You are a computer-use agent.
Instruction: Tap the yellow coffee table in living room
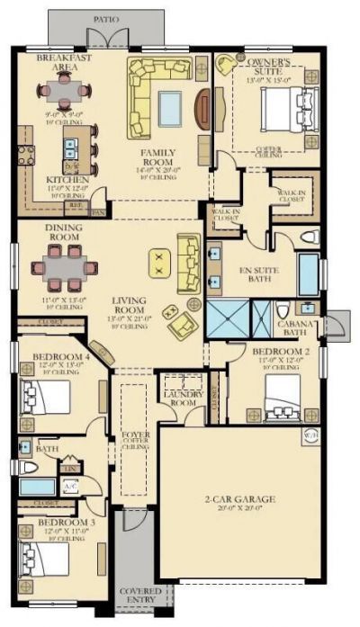coord(160,264)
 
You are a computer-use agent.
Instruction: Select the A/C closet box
coord(70,487)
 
